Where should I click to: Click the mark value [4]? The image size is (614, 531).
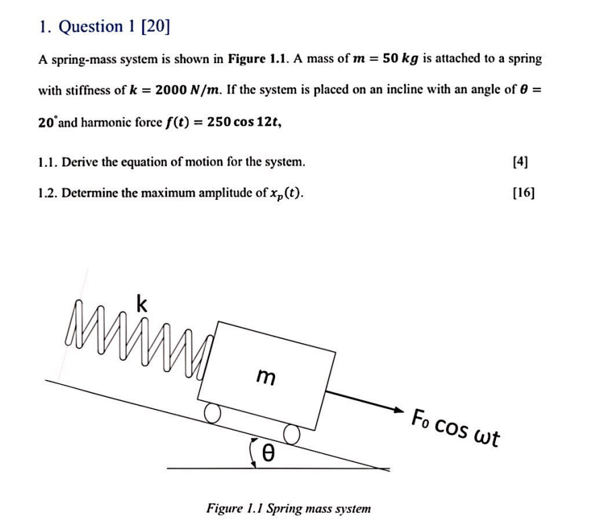[x=519, y=162]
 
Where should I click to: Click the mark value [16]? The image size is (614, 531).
[x=522, y=193]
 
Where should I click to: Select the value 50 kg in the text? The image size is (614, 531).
[x=401, y=59]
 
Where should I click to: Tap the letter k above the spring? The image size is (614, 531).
[x=142, y=305]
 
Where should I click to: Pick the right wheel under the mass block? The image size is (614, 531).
[x=291, y=434]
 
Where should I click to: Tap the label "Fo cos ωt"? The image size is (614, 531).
[x=456, y=426]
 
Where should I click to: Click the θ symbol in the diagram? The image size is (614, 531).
[x=266, y=454]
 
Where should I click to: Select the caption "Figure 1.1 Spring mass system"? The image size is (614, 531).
[x=289, y=508]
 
